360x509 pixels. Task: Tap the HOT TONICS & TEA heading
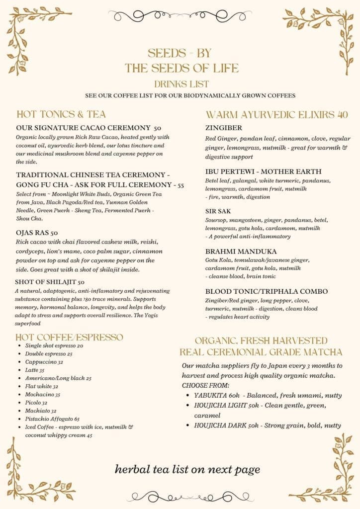(61, 114)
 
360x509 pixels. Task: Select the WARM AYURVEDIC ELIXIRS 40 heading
(276, 114)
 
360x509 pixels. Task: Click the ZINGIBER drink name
(223, 127)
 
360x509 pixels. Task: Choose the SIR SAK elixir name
(218, 211)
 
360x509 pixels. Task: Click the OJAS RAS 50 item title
(37, 232)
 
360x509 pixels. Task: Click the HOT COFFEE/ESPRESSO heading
(70, 337)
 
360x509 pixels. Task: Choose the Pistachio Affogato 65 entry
(52, 419)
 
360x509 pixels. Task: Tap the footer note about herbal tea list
(187, 469)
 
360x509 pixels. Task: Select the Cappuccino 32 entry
(44, 362)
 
